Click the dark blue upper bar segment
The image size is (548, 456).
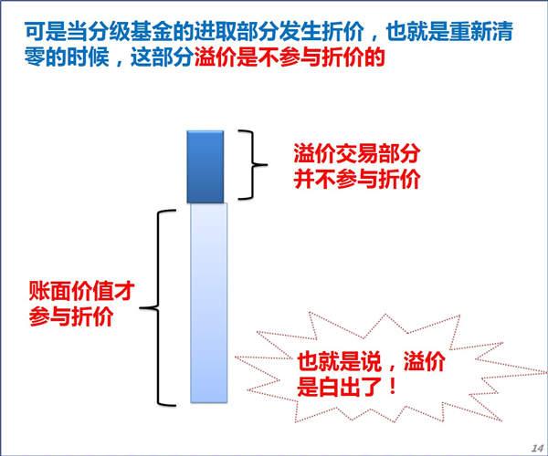click(205, 167)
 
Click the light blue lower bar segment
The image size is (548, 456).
click(208, 303)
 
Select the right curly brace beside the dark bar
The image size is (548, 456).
click(253, 165)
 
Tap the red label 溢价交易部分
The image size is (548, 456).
click(357, 153)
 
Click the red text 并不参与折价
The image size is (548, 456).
click(357, 180)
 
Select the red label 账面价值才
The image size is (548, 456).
click(82, 291)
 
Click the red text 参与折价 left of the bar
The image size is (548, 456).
click(71, 316)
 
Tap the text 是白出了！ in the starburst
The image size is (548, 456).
click(348, 386)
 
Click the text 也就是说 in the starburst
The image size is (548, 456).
click(339, 361)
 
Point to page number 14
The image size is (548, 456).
click(537, 448)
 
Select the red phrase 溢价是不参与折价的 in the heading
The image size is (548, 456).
click(290, 57)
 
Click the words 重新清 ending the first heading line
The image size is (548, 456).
click(481, 31)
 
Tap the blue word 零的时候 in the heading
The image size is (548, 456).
click(67, 57)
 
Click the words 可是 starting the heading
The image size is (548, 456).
click(46, 31)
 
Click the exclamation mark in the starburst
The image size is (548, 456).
click(393, 386)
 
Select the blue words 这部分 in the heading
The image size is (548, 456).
click(163, 57)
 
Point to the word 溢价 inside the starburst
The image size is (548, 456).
click(425, 361)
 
